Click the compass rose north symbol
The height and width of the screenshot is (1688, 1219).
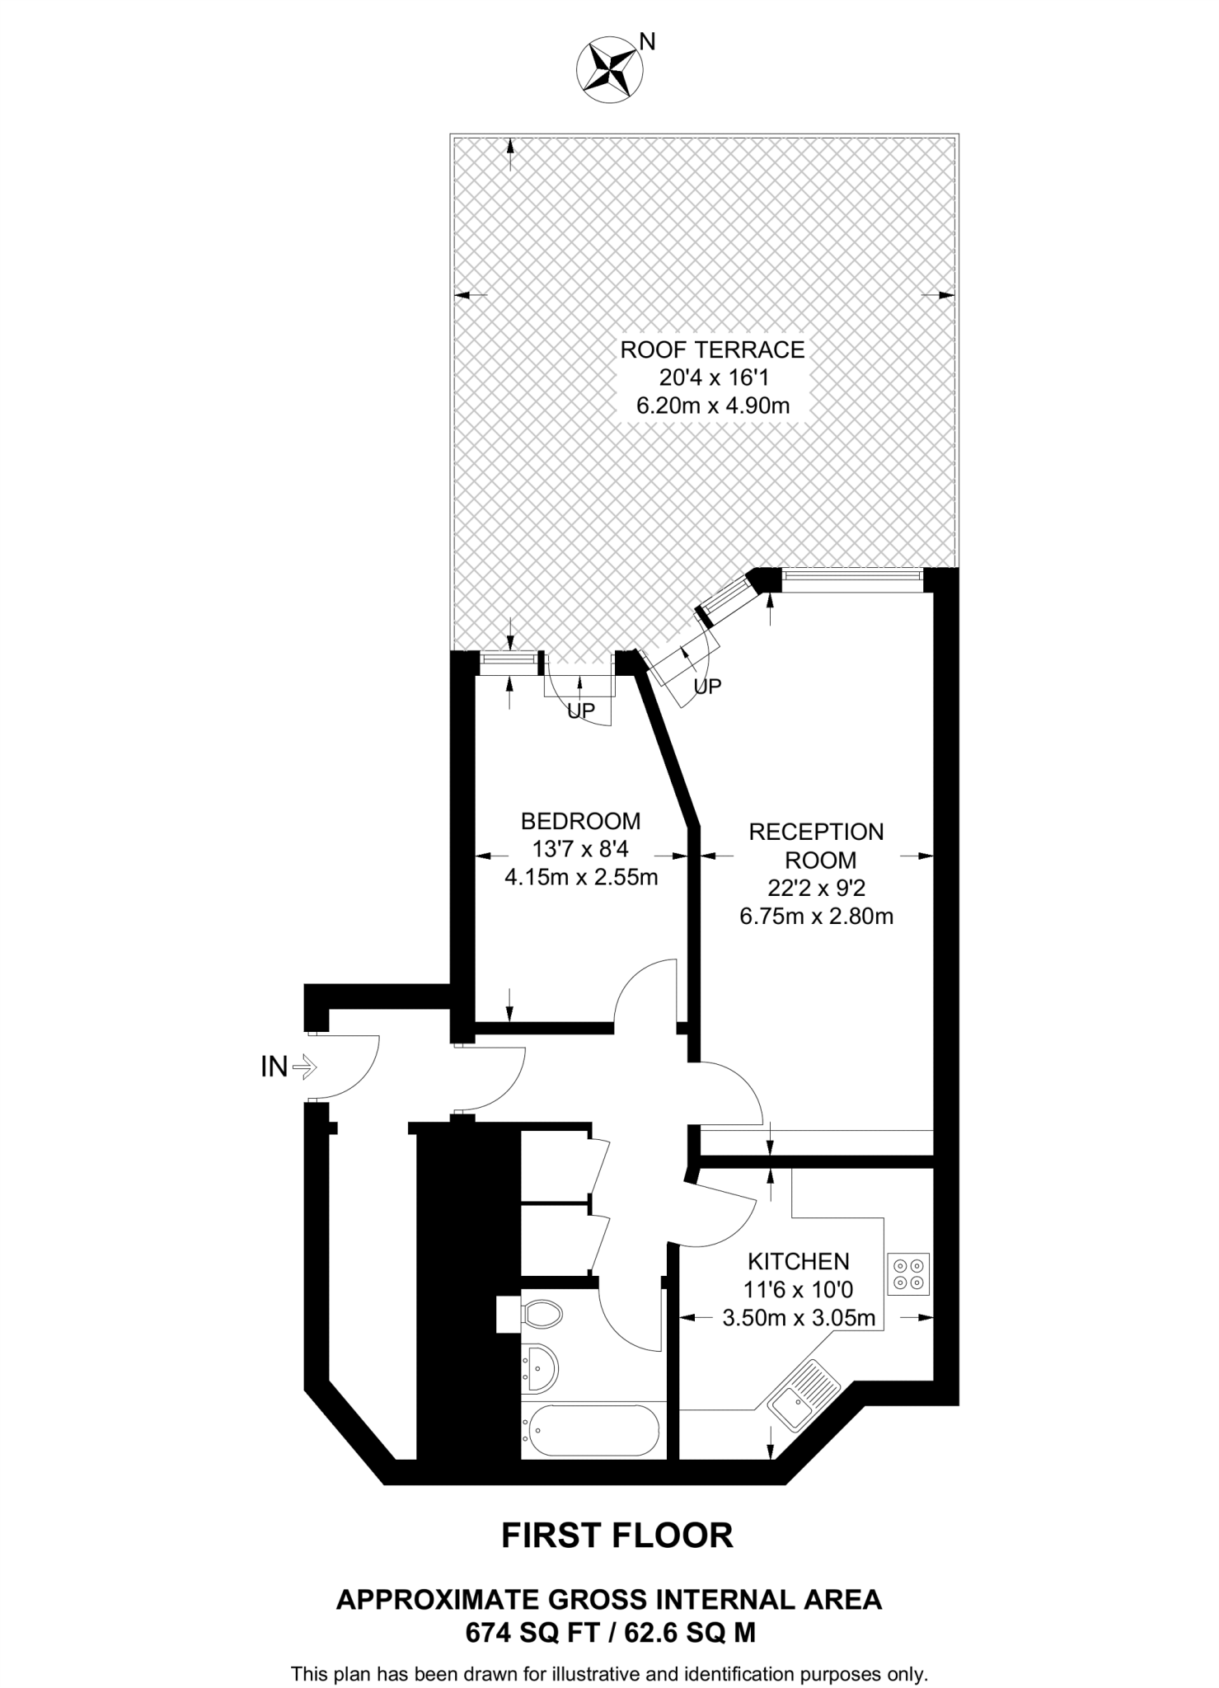pos(611,71)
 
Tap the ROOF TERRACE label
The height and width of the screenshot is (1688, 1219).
pos(712,349)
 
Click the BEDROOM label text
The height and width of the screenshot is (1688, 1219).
pos(580,821)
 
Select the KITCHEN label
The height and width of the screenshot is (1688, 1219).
pos(798,1261)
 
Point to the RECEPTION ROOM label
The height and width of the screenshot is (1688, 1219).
pos(816,846)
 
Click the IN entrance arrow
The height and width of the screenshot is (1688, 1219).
pos(302,1067)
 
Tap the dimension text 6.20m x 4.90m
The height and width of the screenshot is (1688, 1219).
pos(712,406)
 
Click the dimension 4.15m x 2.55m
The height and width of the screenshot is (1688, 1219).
pos(580,877)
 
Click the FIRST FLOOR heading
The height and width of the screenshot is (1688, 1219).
pos(617,1536)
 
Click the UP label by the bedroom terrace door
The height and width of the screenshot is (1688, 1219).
pos(581,710)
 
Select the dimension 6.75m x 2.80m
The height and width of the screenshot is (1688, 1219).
pos(816,916)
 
